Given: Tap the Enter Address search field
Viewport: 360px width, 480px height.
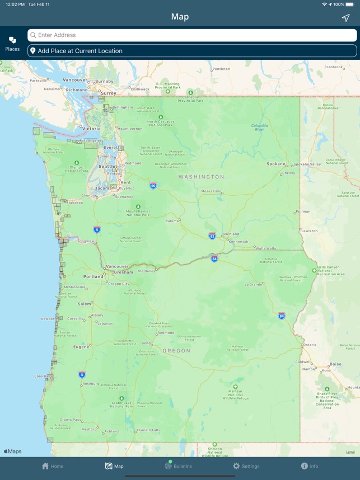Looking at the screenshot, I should click(x=192, y=35).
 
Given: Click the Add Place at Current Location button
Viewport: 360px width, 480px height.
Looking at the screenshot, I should click(x=192, y=51).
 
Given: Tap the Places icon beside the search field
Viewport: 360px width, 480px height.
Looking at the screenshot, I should click(x=12, y=44).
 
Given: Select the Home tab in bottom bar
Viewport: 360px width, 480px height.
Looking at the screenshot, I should click(x=53, y=466).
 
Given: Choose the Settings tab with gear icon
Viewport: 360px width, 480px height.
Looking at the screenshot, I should click(x=246, y=466).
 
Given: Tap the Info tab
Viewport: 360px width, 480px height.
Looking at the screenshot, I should click(x=310, y=466).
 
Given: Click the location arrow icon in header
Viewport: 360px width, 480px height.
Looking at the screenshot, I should click(x=345, y=17).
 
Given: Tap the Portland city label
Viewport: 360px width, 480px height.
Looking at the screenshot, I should click(x=92, y=276).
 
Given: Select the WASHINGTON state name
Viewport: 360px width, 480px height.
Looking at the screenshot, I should click(x=201, y=177).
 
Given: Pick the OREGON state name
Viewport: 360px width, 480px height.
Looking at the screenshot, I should click(x=176, y=351).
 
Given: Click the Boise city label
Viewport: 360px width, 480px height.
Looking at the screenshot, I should click(x=335, y=364).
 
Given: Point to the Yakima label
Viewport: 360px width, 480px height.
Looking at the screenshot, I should click(x=172, y=221).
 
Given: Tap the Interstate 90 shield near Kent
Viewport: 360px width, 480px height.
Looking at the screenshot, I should click(x=153, y=185).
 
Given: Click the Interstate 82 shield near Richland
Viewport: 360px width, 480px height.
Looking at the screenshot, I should click(x=212, y=236).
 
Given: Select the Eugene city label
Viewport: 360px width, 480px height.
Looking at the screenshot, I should click(x=81, y=347).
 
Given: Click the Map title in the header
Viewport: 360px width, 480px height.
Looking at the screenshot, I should click(x=180, y=17).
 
